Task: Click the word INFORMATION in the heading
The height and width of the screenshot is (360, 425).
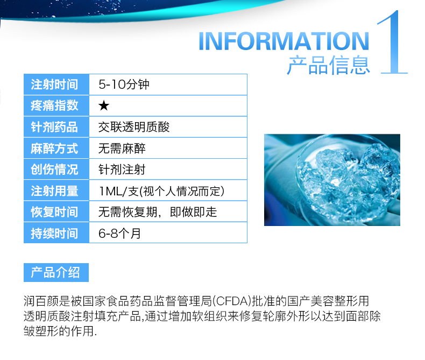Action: point(284,41)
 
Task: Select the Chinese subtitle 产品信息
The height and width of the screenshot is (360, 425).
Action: point(329,65)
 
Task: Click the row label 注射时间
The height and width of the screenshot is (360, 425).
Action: point(54,84)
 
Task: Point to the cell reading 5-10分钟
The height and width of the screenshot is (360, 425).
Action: point(124,84)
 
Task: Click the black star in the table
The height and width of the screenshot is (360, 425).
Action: point(104,105)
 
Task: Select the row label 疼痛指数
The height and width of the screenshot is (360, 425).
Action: point(54,105)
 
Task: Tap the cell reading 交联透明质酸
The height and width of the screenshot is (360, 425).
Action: point(134,127)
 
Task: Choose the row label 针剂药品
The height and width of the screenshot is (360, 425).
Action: point(54,127)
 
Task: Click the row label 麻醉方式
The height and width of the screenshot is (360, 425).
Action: point(54,149)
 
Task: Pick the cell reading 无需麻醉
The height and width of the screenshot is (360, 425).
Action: point(122,149)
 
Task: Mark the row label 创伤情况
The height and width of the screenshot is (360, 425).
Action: point(54,170)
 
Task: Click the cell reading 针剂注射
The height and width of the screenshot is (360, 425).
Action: point(122,170)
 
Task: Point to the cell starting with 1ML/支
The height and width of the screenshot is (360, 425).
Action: point(162,191)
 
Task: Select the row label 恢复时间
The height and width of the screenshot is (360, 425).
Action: point(54,212)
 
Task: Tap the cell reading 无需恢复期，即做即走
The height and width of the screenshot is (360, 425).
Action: point(158,212)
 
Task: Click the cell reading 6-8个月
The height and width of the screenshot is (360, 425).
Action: point(119,233)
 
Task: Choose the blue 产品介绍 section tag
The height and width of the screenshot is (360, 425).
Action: point(56,272)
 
